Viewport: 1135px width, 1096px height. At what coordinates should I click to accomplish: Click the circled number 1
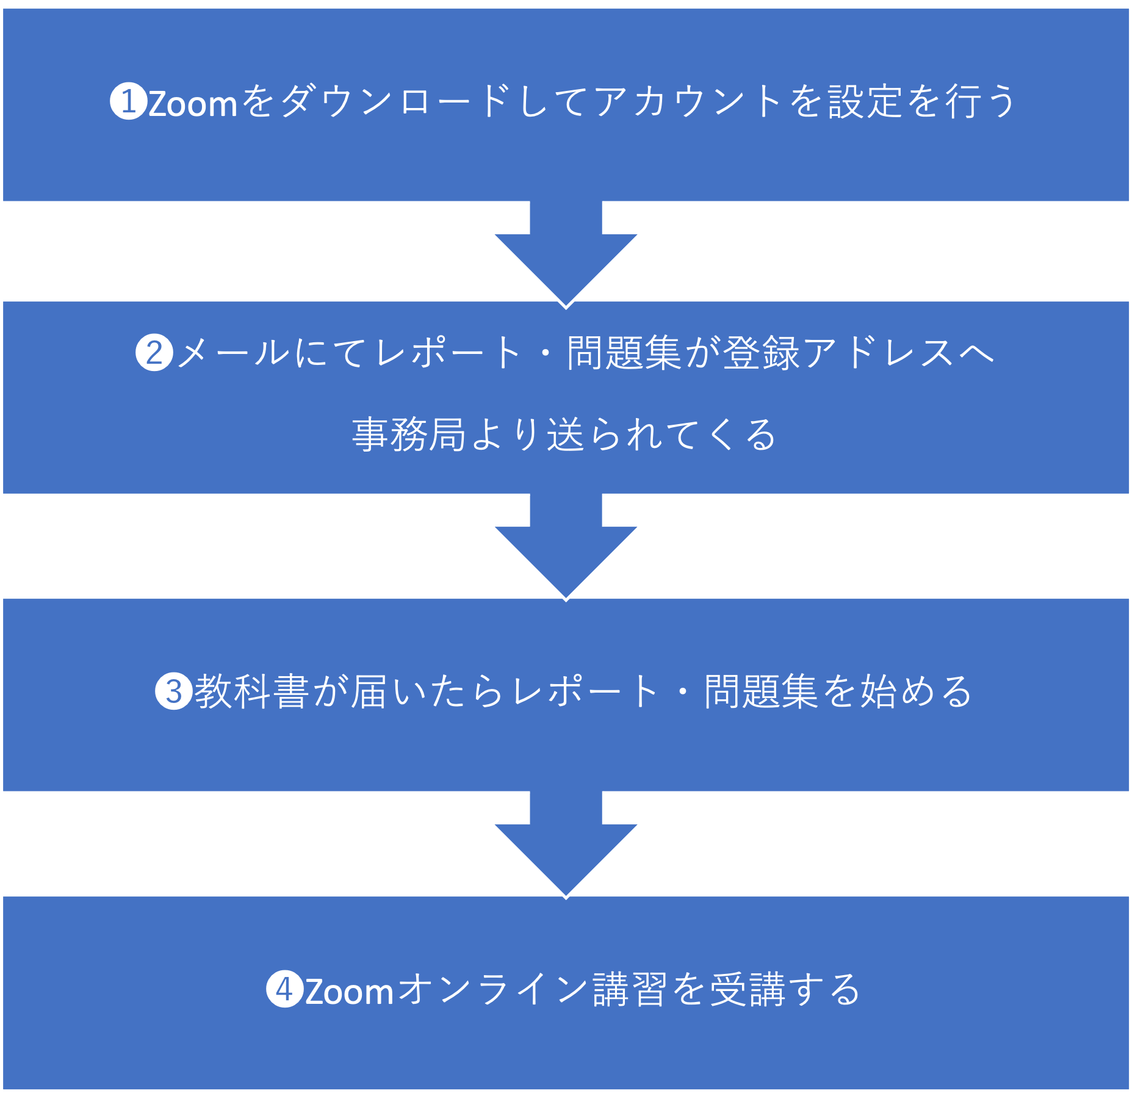click(x=128, y=101)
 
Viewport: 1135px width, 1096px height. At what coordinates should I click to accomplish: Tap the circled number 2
click(x=154, y=353)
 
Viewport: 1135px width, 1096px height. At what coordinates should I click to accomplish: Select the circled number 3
click(x=174, y=691)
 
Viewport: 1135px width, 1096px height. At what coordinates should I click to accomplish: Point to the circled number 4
click(x=285, y=989)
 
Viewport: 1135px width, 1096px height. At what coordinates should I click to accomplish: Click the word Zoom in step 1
click(x=193, y=103)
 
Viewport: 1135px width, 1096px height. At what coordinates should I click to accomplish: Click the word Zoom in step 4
click(x=350, y=990)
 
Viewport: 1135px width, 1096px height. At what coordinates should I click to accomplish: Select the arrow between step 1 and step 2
click(x=566, y=254)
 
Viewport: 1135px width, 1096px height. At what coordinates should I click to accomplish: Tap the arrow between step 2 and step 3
click(x=566, y=547)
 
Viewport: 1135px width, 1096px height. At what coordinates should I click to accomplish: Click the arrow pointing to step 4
click(x=566, y=845)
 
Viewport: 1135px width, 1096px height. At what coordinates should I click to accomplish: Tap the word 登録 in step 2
click(x=761, y=353)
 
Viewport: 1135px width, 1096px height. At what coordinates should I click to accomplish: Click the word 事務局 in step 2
click(x=409, y=434)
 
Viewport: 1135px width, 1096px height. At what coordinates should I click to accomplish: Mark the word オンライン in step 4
click(x=494, y=989)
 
